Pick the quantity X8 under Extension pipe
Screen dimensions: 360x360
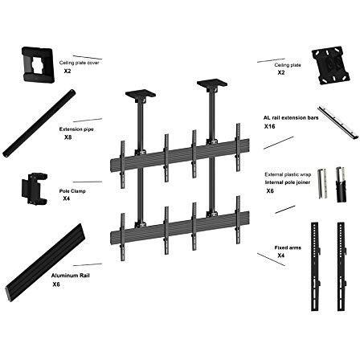[x=68, y=137]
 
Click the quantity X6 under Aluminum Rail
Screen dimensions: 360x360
[x=56, y=284]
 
